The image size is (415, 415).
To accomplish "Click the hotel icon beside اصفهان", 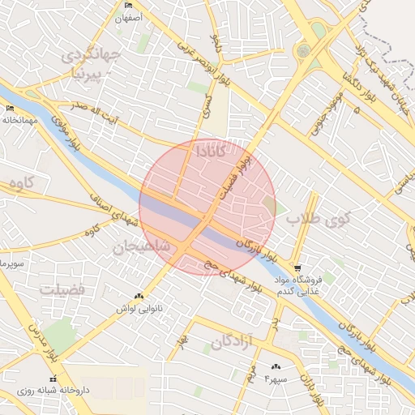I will pos(128,6).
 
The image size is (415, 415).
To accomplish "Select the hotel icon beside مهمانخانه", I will pos(10,109).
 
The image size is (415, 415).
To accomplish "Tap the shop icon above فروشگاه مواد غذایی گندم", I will pos(297,268).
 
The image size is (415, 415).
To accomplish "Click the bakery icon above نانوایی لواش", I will pos(139,297).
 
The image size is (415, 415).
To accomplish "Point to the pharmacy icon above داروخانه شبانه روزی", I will pos(53,379).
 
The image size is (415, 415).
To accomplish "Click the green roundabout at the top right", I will pos(304,50).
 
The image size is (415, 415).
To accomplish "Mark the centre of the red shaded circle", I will pos(207,207).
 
